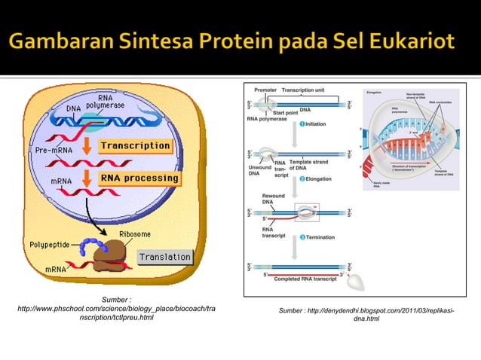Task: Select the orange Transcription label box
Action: [136, 145]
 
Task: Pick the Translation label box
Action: [164, 257]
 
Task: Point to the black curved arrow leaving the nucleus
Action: [106, 215]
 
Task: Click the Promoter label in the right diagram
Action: [265, 90]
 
